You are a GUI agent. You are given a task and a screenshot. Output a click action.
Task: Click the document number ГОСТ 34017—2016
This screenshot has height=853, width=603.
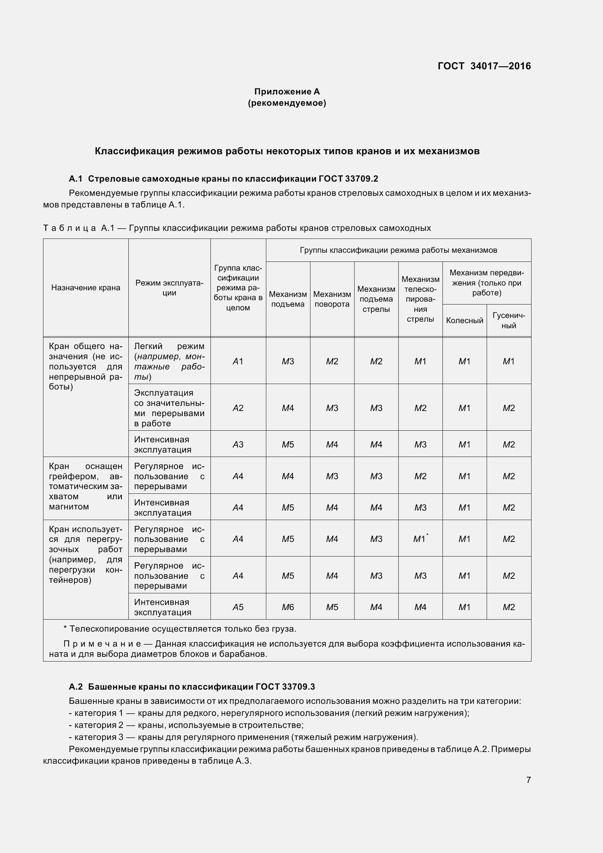[484, 66]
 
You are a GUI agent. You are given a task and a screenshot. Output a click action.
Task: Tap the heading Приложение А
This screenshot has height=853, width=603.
[287, 92]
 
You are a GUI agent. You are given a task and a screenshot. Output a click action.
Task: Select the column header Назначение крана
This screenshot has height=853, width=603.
[86, 287]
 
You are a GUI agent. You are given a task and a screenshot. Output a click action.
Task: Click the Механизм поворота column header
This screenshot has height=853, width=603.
[332, 299]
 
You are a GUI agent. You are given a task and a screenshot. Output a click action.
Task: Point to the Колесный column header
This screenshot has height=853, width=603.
[464, 320]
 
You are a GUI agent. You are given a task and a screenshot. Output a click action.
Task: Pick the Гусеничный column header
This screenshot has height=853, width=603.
[509, 320]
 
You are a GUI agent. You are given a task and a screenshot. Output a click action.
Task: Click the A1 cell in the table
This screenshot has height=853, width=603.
[238, 361]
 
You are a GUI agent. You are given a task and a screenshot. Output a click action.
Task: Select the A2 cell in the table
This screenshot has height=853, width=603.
[238, 408]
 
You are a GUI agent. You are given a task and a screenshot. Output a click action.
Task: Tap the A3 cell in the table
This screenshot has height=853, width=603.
[238, 444]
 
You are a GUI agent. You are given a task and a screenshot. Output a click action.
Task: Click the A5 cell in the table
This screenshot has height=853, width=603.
[238, 607]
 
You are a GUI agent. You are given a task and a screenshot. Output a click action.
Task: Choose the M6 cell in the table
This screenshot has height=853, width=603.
[287, 607]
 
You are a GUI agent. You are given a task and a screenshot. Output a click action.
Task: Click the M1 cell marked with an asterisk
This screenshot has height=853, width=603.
[420, 539]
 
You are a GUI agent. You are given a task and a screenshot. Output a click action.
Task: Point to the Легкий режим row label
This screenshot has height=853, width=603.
[169, 361]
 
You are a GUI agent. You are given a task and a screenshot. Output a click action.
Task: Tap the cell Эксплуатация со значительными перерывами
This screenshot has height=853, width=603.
[169, 408]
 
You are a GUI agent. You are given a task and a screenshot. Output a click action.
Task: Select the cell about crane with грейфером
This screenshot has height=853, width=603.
[85, 486]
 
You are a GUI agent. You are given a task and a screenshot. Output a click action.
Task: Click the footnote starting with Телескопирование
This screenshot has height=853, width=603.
[180, 629]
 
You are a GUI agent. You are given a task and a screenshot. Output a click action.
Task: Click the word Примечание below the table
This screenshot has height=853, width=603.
[103, 644]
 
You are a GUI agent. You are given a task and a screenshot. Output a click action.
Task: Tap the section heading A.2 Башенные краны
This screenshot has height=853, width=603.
[192, 687]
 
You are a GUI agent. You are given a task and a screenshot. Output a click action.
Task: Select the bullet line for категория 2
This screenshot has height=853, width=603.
[186, 725]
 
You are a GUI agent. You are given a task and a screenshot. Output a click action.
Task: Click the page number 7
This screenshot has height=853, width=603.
[528, 780]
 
